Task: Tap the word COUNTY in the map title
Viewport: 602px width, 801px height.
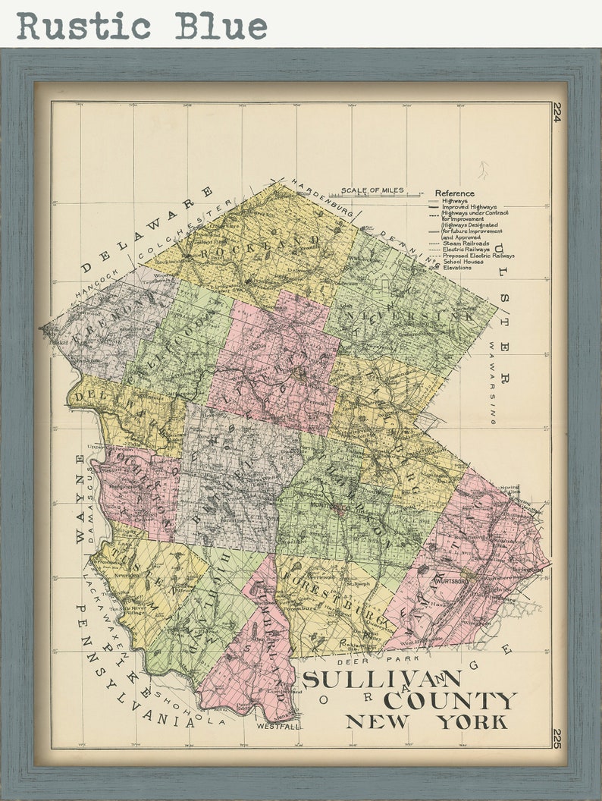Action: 450,700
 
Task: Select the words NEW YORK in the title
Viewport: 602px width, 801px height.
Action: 427,721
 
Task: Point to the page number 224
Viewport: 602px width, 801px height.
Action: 557,112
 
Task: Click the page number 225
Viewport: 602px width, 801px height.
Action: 557,738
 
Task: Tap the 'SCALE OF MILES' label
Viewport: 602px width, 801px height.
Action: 372,190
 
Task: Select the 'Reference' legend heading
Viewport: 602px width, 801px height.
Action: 454,193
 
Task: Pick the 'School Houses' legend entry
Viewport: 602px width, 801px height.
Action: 462,261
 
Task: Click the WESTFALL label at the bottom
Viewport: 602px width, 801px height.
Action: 277,726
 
